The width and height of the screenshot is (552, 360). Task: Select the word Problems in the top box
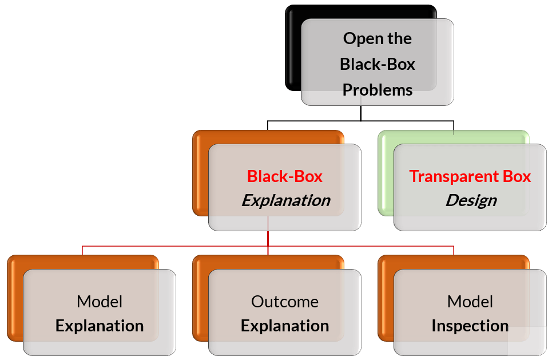click(x=378, y=90)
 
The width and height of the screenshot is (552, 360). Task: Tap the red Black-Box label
click(x=284, y=176)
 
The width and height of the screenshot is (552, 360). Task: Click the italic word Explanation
click(x=285, y=201)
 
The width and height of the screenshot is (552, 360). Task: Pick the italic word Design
click(x=471, y=201)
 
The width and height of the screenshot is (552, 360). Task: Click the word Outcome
click(x=285, y=302)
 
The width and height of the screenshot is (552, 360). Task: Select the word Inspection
click(x=470, y=326)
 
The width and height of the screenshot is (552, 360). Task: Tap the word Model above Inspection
click(x=470, y=302)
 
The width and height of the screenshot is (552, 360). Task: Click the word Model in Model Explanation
click(x=100, y=302)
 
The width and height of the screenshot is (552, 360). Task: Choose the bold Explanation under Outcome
click(x=285, y=326)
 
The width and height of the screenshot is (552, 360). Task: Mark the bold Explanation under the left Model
click(x=100, y=326)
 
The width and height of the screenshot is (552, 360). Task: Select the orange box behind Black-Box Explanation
click(x=201, y=172)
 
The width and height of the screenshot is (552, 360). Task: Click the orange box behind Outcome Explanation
click(x=201, y=298)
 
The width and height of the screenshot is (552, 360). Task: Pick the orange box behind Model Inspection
click(x=386, y=298)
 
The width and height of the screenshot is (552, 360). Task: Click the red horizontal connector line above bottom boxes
click(x=172, y=247)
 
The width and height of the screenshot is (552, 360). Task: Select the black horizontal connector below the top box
click(x=315, y=121)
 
